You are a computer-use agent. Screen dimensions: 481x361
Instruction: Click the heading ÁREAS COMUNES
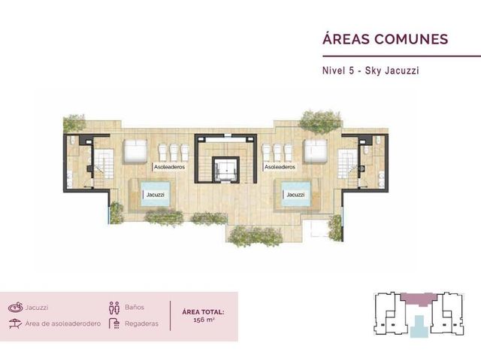tap(386, 38)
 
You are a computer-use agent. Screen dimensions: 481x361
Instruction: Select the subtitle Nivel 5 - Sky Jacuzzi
tap(371, 71)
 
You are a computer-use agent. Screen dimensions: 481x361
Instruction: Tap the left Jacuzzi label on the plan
tap(156, 195)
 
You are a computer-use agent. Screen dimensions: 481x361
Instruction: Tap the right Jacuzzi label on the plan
tap(295, 195)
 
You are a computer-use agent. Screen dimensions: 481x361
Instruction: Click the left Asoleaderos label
tap(169, 167)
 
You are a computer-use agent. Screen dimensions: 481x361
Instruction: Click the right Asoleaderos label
tap(280, 167)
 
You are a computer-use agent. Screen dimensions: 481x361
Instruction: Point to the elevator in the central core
tap(225, 169)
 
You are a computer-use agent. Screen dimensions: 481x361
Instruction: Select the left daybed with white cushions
tap(135, 150)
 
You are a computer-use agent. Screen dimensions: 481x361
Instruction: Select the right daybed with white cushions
tap(315, 150)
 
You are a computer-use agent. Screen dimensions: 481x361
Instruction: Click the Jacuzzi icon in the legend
tap(16, 307)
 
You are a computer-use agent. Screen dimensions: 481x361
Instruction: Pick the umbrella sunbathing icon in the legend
tap(15, 323)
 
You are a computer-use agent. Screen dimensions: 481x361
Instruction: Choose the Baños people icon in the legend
tap(114, 308)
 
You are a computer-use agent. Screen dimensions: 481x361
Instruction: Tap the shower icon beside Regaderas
tap(114, 323)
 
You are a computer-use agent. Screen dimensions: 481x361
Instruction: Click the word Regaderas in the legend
tap(142, 323)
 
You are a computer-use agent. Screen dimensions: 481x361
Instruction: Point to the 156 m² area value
tap(204, 320)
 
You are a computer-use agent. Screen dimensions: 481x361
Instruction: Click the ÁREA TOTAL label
tap(203, 312)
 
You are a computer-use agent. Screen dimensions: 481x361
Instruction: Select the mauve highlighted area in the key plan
tap(419, 299)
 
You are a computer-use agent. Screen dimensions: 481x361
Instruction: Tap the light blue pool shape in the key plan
tap(419, 326)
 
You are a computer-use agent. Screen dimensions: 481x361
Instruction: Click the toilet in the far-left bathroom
tap(72, 141)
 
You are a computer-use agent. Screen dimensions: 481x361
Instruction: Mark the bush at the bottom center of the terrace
tap(256, 236)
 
